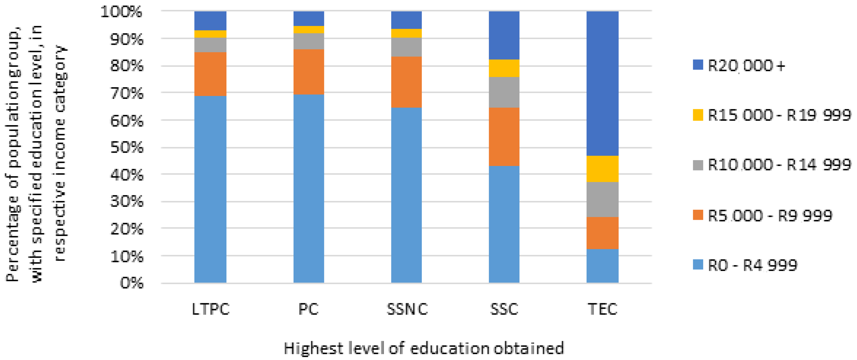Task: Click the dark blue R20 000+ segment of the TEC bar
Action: [x=602, y=83]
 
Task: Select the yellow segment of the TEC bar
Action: [x=602, y=169]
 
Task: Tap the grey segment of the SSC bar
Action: [x=504, y=92]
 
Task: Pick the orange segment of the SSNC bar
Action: [x=406, y=82]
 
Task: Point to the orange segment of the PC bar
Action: [x=308, y=72]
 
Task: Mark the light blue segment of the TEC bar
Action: [x=602, y=266]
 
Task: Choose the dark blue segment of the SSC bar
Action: [x=504, y=35]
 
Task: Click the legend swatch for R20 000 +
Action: [x=698, y=65]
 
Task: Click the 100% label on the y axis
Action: [x=121, y=12]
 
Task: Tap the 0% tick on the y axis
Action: [x=132, y=283]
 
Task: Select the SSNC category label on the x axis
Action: [x=407, y=309]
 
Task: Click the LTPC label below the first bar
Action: [x=211, y=309]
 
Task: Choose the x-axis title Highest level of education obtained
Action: [x=423, y=348]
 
